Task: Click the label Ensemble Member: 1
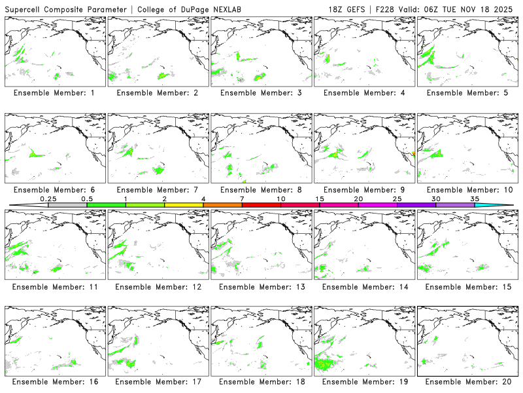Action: [x=54, y=93]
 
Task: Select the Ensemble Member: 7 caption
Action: [x=157, y=190]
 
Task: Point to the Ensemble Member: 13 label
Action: [x=260, y=287]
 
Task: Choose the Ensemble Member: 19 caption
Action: [x=363, y=382]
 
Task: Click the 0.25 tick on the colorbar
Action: [x=48, y=198]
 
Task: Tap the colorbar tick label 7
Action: [x=242, y=198]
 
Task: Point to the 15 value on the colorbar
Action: [x=320, y=198]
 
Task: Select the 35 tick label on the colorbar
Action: [x=475, y=198]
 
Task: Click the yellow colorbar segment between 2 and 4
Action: [x=184, y=205]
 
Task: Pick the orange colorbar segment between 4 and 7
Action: [x=222, y=205]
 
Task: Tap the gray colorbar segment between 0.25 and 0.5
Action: [x=67, y=205]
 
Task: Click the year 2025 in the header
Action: [x=507, y=9]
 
